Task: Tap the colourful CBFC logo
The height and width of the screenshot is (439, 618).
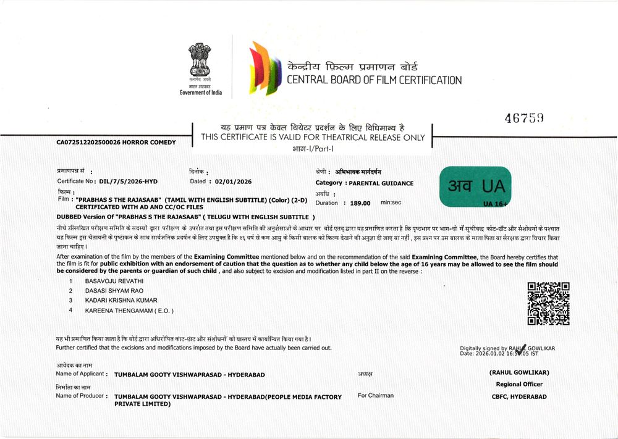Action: click(x=263, y=69)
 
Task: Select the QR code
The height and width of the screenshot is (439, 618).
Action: click(x=548, y=303)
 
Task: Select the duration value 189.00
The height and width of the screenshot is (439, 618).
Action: click(x=360, y=203)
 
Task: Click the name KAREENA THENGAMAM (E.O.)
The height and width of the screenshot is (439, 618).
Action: click(x=129, y=310)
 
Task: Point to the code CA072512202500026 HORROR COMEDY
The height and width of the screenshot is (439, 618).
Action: click(x=116, y=143)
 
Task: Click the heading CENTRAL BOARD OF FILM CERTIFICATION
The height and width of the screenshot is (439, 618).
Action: click(x=374, y=80)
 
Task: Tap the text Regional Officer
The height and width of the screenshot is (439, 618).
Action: click(x=519, y=384)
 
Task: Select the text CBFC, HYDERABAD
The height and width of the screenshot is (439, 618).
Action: click(x=519, y=397)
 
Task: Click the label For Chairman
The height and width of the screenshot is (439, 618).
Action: click(x=376, y=395)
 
